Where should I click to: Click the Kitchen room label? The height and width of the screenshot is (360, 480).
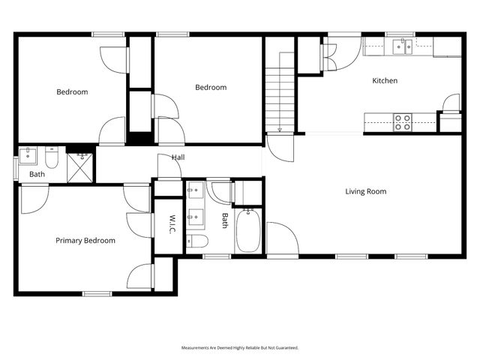click(x=385, y=80)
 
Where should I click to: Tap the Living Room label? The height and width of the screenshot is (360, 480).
click(x=366, y=191)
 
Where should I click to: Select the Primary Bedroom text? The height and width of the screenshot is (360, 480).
click(x=85, y=241)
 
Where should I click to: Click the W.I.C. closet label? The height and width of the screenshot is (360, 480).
click(x=172, y=224)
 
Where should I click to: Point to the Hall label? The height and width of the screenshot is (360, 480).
click(x=178, y=157)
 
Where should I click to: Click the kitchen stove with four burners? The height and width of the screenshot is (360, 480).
click(x=403, y=122)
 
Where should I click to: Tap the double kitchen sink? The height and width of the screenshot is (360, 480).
click(x=403, y=46)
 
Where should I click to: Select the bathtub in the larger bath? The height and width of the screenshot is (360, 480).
click(x=248, y=231)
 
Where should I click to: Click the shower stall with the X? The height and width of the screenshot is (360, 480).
click(x=79, y=168)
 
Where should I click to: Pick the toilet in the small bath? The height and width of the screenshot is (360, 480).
click(x=52, y=157)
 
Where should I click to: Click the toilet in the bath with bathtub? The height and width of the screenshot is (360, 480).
click(x=197, y=241)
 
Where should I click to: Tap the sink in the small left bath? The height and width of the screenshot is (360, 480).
click(x=28, y=155)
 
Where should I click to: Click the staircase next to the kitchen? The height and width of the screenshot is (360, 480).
click(x=280, y=92)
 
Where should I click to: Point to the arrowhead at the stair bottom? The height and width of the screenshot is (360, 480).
click(x=280, y=130)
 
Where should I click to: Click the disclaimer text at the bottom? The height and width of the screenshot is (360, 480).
click(x=240, y=348)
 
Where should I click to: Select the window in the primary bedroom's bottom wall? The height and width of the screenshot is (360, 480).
click(x=97, y=294)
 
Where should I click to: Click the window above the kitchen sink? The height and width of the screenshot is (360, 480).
click(x=400, y=34)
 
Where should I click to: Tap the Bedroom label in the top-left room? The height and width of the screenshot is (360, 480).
click(x=72, y=91)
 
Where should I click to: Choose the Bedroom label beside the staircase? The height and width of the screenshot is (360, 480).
click(x=211, y=87)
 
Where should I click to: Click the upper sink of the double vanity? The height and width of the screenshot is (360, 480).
click(x=196, y=190)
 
